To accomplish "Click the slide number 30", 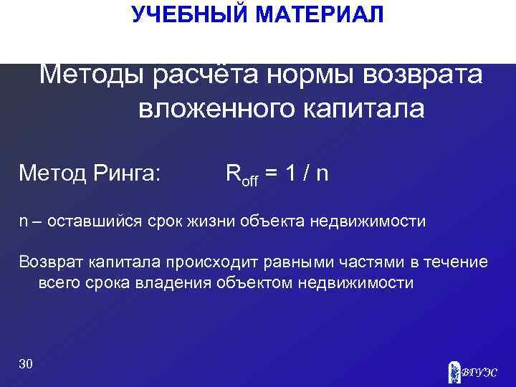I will [x=26, y=364].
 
